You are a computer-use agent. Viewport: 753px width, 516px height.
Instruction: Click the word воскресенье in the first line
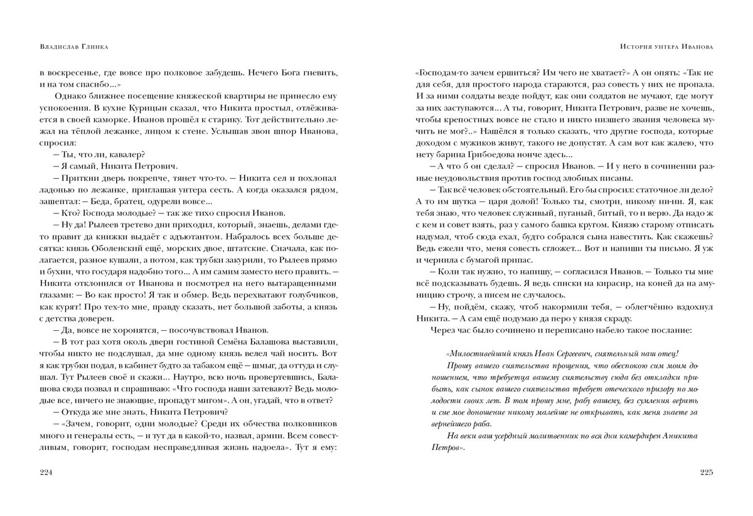click(x=69, y=72)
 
